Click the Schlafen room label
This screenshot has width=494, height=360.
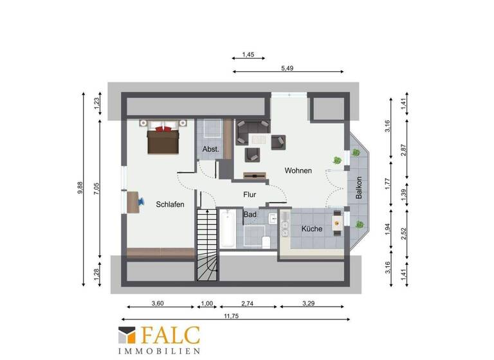[170, 204]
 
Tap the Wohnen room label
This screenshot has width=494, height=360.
[298, 171]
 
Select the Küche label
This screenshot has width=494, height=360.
[312, 229]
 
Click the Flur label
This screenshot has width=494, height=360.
[250, 194]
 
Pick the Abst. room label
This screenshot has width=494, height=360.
[211, 149]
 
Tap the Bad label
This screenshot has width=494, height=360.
[249, 215]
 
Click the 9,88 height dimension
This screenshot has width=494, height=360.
[80, 188]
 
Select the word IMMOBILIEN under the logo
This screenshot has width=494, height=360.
[159, 351]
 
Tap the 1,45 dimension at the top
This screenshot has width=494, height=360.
[249, 55]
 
